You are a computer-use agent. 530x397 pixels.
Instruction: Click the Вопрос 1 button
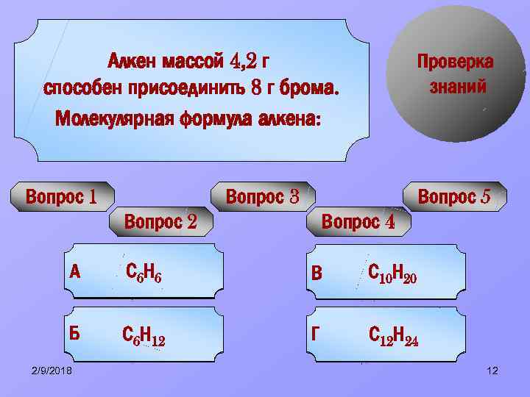point(62,197)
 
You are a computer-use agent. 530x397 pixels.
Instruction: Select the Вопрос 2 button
point(160,221)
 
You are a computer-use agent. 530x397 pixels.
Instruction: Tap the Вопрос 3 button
point(262,197)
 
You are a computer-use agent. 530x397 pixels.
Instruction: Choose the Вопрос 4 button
point(358,221)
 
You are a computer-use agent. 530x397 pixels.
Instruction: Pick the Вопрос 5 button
point(453,197)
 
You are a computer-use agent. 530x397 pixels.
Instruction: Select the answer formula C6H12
point(144,335)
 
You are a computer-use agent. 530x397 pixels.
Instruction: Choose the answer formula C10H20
point(392,274)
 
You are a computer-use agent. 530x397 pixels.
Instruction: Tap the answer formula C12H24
point(394,336)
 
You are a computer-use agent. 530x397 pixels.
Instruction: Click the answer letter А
point(74,272)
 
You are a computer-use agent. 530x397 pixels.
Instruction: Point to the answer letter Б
point(74,333)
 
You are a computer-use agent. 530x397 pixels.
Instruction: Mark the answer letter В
point(317,273)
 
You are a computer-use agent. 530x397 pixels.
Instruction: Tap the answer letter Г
point(317,334)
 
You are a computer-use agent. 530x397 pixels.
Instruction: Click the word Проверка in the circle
point(456,61)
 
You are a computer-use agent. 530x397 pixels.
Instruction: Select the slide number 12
point(492,371)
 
